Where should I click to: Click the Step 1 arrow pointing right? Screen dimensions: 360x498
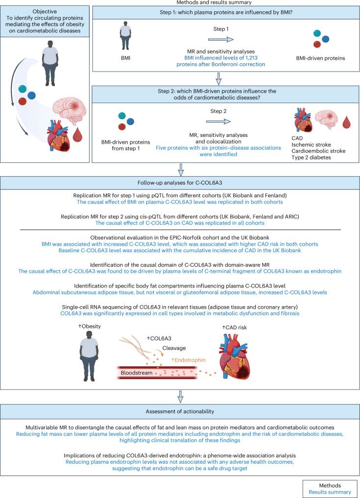tap(221, 39)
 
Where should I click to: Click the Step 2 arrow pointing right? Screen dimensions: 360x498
tap(219, 121)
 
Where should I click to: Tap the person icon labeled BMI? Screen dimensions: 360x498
tap(125, 35)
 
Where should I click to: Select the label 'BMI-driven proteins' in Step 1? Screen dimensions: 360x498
tap(321, 58)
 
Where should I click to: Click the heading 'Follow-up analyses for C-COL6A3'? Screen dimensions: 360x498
tap(180, 183)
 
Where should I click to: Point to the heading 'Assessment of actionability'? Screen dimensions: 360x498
tap(180, 411)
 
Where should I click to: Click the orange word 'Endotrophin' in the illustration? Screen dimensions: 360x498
tap(189, 360)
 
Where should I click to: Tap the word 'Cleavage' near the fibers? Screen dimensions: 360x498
tap(174, 348)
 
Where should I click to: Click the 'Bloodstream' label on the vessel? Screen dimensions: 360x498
tap(137, 373)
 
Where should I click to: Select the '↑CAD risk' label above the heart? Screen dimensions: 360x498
tap(234, 327)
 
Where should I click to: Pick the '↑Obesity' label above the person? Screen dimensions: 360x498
tap(89, 326)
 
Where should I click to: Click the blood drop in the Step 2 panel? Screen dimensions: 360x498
tap(347, 122)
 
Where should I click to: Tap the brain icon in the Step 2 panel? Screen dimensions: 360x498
tap(326, 120)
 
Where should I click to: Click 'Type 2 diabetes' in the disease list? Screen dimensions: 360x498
tap(311, 157)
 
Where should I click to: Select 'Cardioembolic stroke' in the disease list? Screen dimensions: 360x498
tap(318, 151)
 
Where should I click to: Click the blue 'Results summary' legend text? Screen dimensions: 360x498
tap(330, 492)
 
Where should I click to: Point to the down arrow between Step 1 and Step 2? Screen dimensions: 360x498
tap(218, 79)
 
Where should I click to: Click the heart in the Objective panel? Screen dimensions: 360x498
tap(59, 135)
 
